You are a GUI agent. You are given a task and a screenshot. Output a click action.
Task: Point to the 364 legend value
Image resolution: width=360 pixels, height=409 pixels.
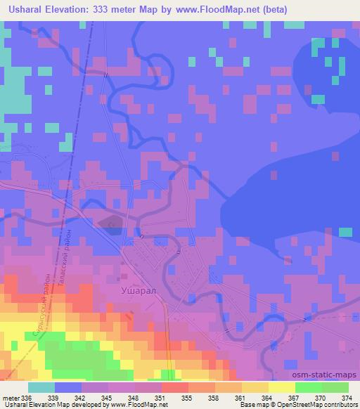coord(266,397)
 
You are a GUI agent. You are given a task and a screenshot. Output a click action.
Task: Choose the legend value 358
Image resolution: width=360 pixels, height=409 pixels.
coord(214,397)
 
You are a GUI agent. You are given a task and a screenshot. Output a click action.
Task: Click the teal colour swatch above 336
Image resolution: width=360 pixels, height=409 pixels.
coord(41,387)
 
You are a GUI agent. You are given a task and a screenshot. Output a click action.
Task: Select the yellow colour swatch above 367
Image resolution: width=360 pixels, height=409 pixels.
coord(281,387)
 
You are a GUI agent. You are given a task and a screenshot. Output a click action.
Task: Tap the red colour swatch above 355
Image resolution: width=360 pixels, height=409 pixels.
coord(174,387)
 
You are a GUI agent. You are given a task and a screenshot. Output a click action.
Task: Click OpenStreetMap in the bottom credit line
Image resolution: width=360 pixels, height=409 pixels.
coord(292,405)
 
